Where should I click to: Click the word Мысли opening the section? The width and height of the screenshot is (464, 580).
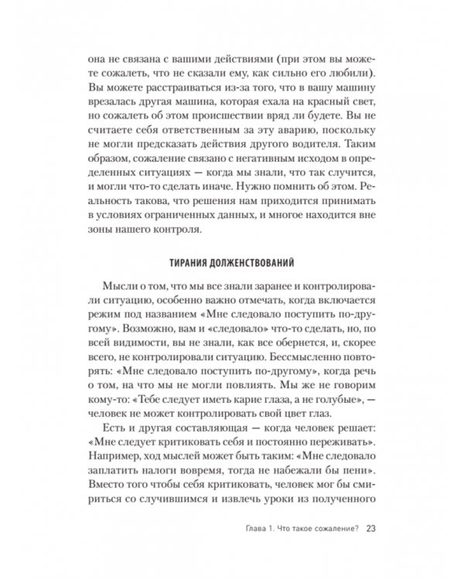121,284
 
